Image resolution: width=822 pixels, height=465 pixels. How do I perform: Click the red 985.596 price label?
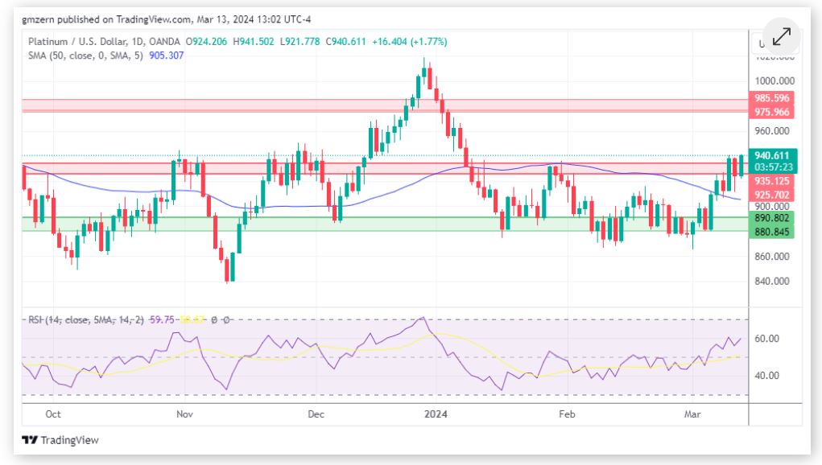point(772,98)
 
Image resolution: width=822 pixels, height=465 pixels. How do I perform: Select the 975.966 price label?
point(772,113)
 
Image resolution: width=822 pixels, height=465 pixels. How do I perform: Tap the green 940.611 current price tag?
point(772,155)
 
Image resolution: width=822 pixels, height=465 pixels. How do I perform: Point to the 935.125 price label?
point(772,182)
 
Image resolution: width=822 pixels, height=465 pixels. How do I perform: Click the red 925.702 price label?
point(772,195)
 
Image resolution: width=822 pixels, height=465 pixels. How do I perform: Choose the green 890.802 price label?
point(772,218)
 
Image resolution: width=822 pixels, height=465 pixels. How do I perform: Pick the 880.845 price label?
point(772,232)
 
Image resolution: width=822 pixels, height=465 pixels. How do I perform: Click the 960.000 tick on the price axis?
point(773,131)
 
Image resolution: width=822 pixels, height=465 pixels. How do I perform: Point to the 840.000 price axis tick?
point(773,281)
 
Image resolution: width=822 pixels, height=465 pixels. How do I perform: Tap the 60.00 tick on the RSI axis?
point(770,339)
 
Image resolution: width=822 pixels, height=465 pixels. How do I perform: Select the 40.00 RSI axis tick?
point(770,375)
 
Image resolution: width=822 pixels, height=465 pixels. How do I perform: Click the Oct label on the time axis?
point(53,414)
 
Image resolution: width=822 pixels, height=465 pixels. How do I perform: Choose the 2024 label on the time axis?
point(436,414)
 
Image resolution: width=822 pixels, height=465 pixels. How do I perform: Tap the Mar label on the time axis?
point(692,414)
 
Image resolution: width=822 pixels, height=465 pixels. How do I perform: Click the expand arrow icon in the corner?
point(781,37)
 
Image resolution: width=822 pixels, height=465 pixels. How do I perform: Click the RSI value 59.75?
point(162,320)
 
